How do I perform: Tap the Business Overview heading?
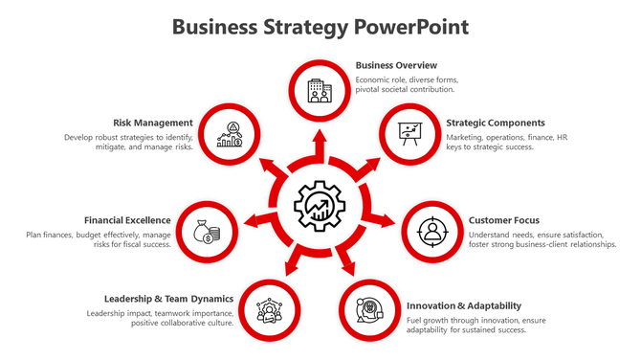(396, 65)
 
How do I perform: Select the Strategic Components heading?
(496, 123)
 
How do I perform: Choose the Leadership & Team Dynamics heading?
(168, 299)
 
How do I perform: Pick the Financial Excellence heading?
(127, 220)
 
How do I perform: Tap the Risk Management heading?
(153, 123)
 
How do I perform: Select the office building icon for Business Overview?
(320, 91)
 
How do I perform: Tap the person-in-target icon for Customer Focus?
(432, 232)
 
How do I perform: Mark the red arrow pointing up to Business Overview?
(320, 141)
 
